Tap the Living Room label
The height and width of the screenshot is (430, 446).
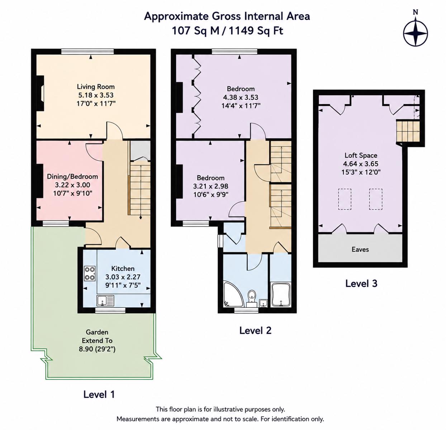96,87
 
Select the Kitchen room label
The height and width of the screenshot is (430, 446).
123,268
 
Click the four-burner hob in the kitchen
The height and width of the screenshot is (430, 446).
90,273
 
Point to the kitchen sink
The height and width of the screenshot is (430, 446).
105,301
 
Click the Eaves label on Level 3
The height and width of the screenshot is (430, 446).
360,249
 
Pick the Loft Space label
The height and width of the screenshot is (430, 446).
361,155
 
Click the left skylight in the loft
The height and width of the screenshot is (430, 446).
345,199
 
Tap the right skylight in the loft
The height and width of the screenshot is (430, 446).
376,199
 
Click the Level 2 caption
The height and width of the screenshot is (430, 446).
255,331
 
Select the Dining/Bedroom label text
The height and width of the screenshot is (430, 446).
72,177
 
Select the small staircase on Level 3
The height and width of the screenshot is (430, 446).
408,131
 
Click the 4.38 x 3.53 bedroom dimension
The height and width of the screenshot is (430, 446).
241,97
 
